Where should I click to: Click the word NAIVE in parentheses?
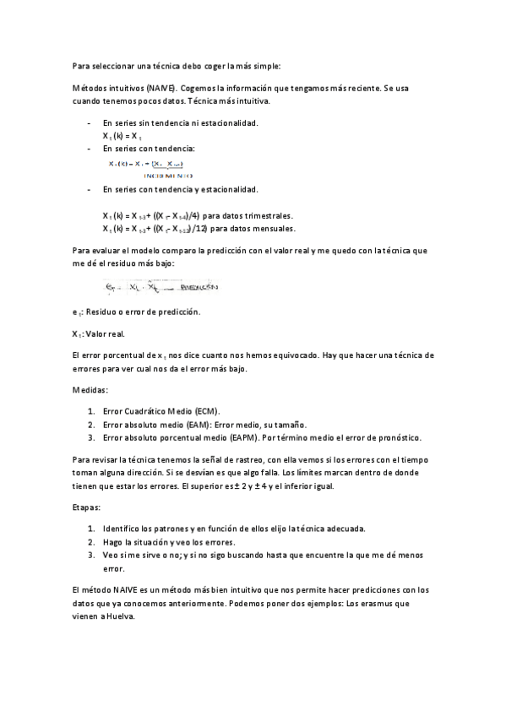(x=161, y=89)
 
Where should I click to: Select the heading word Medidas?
(x=90, y=389)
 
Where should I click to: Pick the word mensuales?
(x=270, y=228)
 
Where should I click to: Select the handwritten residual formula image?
(x=160, y=287)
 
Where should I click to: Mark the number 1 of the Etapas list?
(x=90, y=529)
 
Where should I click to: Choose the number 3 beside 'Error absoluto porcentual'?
(x=90, y=437)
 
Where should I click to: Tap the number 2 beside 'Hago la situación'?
(x=90, y=542)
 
